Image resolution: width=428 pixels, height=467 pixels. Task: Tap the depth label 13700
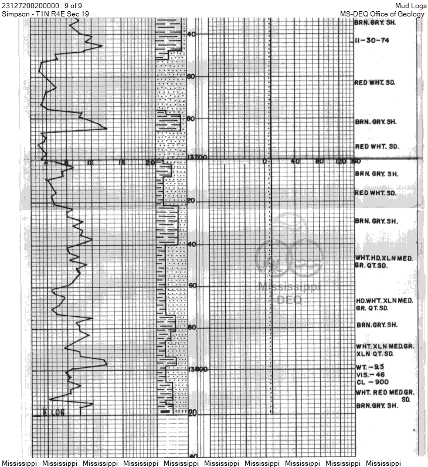[x=195, y=157]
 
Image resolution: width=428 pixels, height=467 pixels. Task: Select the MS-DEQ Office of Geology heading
[x=382, y=13]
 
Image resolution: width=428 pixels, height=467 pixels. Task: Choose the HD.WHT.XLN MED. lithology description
[x=385, y=301]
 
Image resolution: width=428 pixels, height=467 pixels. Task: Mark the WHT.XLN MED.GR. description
[x=385, y=347]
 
